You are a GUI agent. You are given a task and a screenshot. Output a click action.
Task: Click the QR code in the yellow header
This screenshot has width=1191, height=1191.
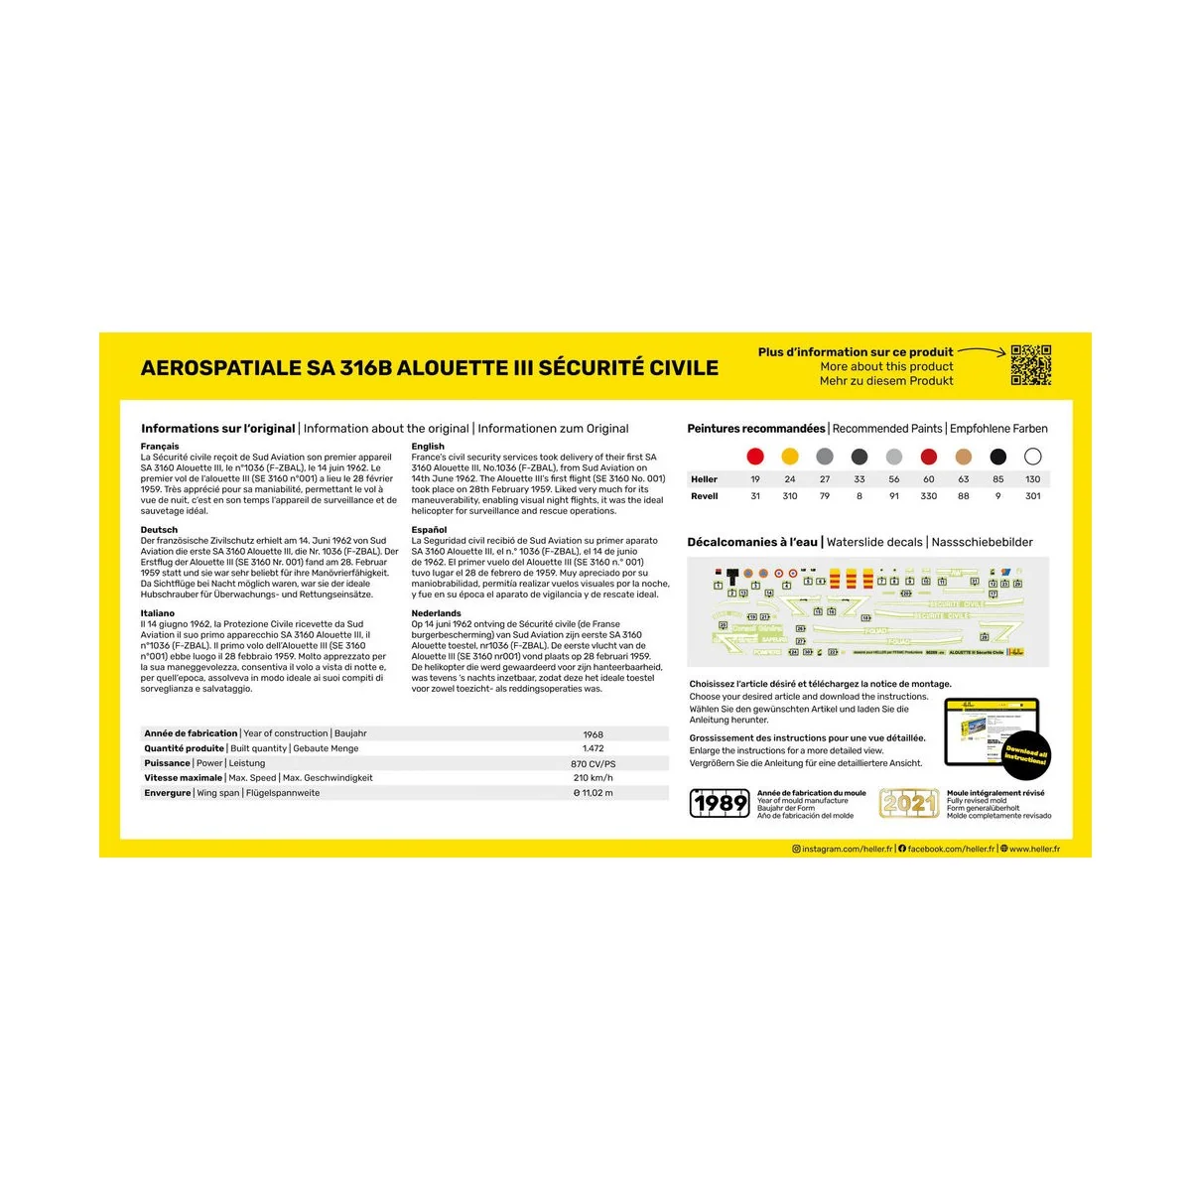pyautogui.click(x=1030, y=365)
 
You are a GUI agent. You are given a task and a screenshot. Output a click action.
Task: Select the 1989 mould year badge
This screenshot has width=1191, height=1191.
pyautogui.click(x=720, y=803)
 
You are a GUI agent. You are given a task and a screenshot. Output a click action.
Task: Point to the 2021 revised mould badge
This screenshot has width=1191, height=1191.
pyautogui.click(x=908, y=803)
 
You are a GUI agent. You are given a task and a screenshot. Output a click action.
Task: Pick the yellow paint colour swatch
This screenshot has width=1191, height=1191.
pyautogui.click(x=790, y=457)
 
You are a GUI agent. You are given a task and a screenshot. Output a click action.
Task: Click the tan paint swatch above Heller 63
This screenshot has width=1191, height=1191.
pyautogui.click(x=963, y=457)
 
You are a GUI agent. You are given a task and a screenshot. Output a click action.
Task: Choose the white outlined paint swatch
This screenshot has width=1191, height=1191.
pyautogui.click(x=1032, y=457)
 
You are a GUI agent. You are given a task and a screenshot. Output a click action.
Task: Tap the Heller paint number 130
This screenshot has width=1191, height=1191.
pyautogui.click(x=1032, y=479)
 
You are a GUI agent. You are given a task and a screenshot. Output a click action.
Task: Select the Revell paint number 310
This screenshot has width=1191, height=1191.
pyautogui.click(x=790, y=496)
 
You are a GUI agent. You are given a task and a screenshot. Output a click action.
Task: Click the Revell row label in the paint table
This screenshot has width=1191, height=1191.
pyautogui.click(x=705, y=496)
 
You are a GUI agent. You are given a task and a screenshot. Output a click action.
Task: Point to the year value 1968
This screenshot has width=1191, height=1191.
pyautogui.click(x=594, y=734)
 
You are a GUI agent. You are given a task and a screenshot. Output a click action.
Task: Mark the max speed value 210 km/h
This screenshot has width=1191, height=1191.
pyautogui.click(x=594, y=778)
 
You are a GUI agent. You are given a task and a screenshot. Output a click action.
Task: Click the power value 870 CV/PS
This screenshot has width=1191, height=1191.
pyautogui.click(x=594, y=764)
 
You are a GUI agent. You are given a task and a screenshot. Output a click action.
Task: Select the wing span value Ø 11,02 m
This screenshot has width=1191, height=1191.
pyautogui.click(x=594, y=793)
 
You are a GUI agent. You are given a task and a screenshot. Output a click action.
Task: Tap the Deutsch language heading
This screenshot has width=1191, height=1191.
pyautogui.click(x=159, y=530)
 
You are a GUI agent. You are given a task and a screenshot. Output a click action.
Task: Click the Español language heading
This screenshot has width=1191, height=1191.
pyautogui.click(x=430, y=530)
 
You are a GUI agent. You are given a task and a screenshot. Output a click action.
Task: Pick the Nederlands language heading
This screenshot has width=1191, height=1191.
pyautogui.click(x=437, y=613)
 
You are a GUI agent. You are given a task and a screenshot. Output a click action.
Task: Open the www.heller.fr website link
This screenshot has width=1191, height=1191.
pyautogui.click(x=1034, y=850)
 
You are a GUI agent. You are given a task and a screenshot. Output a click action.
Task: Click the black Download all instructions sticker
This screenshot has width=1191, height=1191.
pyautogui.click(x=1025, y=756)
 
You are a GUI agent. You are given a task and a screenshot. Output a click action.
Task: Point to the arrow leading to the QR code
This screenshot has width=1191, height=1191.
pyautogui.click(x=983, y=351)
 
